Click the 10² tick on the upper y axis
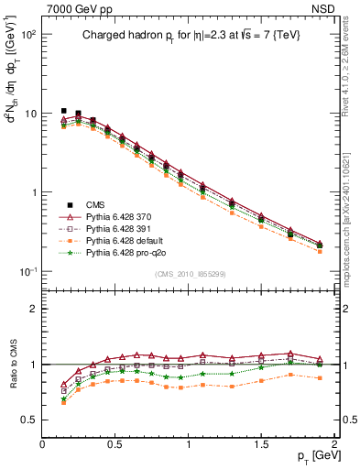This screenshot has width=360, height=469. tap(27, 35)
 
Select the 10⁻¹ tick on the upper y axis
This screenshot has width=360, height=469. tap(27, 272)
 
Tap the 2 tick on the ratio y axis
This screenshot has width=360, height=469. tap(32, 309)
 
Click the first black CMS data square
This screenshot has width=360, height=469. tap(63, 111)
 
